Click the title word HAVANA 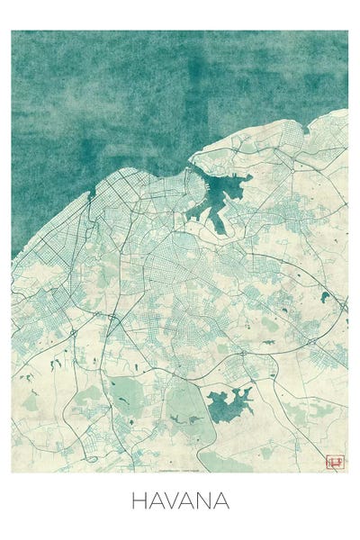pos(180,500)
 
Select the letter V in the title pos(173,500)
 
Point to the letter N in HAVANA pos(205,500)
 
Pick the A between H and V pos(156,500)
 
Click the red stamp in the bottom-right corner pos(335,462)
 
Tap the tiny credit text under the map pos(179,469)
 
